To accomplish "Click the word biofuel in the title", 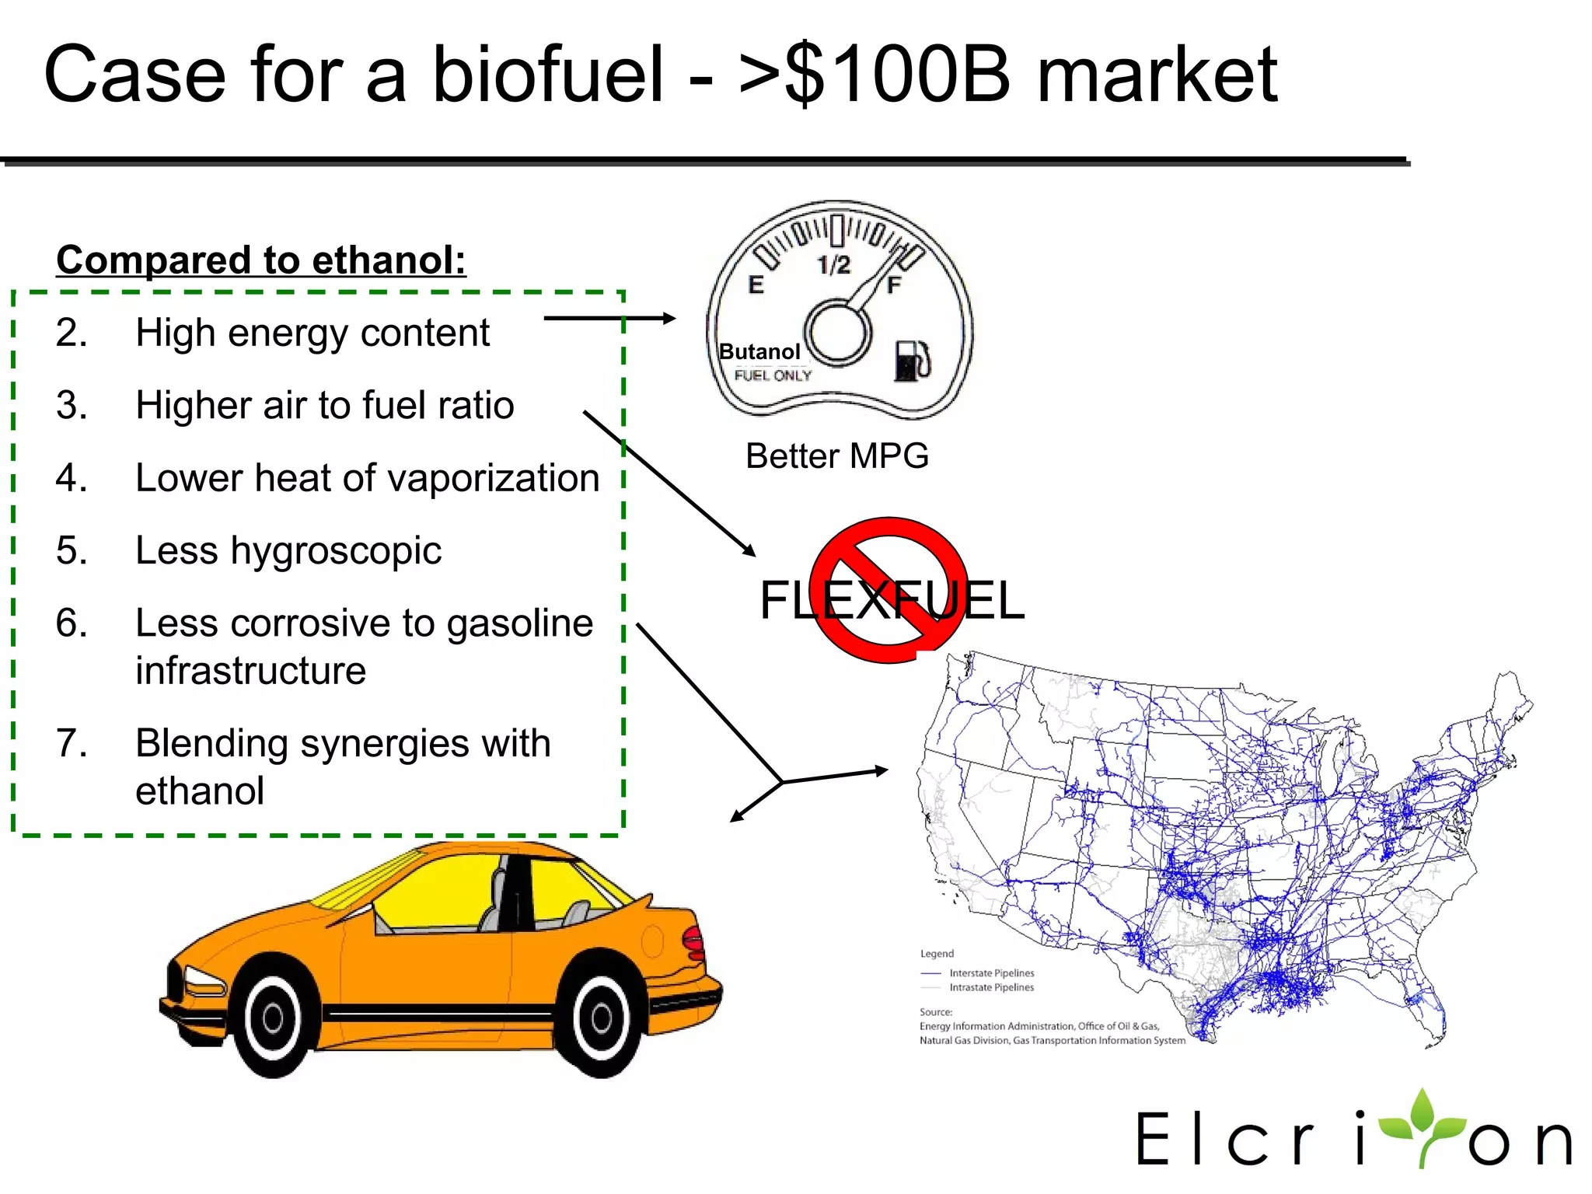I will coord(548,75).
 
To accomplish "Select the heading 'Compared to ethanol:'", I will coord(261,260).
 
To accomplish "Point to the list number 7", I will coord(72,743).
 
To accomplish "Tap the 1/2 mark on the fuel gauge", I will coord(834,266).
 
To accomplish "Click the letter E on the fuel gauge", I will coord(756,285).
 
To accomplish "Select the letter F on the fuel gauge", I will coord(894,285).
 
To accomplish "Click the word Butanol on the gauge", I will coord(759,352).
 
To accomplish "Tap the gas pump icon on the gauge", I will coord(911,361).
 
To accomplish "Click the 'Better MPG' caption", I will coord(837,456).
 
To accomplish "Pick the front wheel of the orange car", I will coord(274,1017).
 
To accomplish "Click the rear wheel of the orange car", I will coord(601,1017).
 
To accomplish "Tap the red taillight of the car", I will coord(693,943).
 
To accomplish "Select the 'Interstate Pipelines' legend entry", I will coord(991,973).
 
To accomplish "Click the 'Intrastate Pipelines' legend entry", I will coord(991,988).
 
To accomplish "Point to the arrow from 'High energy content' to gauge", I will coord(609,318).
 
